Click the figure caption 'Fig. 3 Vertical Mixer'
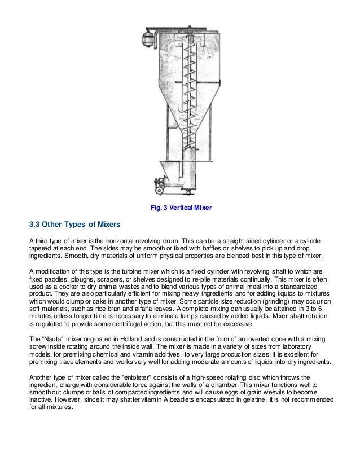tap(181, 209)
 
